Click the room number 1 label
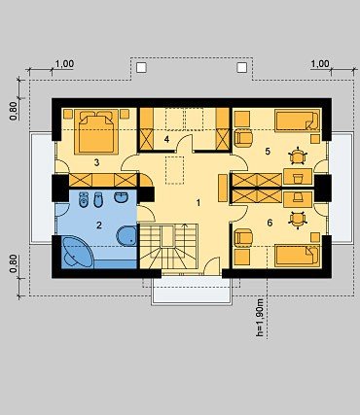pyautogui.click(x=198, y=203)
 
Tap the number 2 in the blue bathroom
pyautogui.click(x=99, y=225)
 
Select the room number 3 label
pyautogui.click(x=96, y=162)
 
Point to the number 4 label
pyautogui.click(x=166, y=139)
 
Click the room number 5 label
pyautogui.click(x=268, y=152)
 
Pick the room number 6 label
pyautogui.click(x=270, y=223)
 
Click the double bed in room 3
pyautogui.click(x=96, y=131)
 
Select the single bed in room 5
pyautogui.click(x=298, y=121)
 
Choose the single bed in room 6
pyautogui.click(x=298, y=256)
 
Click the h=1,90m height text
pyautogui.click(x=260, y=318)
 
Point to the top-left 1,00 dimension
pyautogui.click(x=64, y=64)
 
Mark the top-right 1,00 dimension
pyautogui.click(x=320, y=64)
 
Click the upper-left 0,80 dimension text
pyautogui.click(x=14, y=111)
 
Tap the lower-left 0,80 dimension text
pyautogui.click(x=14, y=263)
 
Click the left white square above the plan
pyautogui.click(x=141, y=67)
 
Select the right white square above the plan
pyautogui.click(x=241, y=67)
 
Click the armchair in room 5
pyautogui.click(x=243, y=138)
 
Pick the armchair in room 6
pyautogui.click(x=243, y=237)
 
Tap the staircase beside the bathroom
pyautogui.click(x=168, y=246)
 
